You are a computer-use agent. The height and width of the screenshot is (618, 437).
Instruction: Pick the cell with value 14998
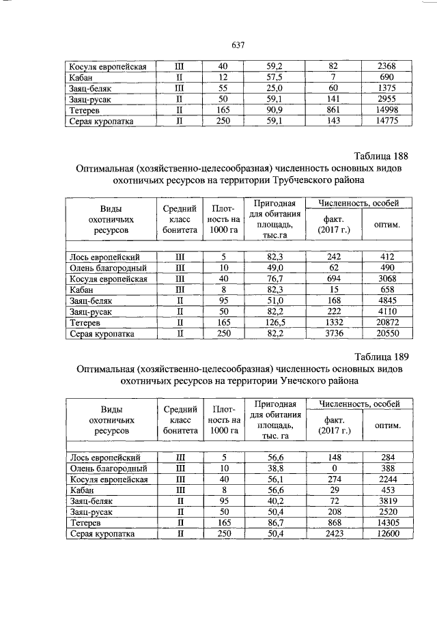pyautogui.click(x=386, y=111)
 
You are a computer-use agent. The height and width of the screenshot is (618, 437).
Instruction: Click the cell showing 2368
pyautogui.click(x=386, y=67)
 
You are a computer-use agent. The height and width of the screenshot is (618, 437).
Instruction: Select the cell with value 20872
pyautogui.click(x=386, y=322)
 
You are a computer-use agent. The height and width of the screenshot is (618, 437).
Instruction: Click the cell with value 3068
pyautogui.click(x=386, y=279)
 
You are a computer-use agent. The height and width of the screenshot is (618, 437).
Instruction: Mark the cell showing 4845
pyautogui.click(x=386, y=300)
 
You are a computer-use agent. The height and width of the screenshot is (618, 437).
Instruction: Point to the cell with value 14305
pyautogui.click(x=386, y=523)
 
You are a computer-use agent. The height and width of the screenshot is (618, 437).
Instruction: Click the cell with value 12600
pyautogui.click(x=386, y=534)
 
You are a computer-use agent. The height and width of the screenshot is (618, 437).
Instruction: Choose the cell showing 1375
pyautogui.click(x=386, y=89)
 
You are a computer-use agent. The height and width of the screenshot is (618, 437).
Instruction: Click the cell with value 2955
pyautogui.click(x=386, y=100)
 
